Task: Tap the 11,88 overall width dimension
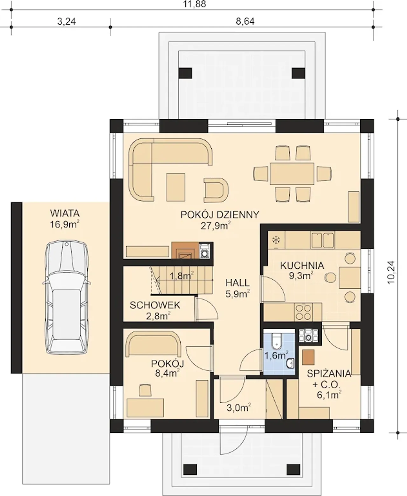click(195, 4)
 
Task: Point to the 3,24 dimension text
click(67, 22)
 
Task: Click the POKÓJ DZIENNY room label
click(220, 215)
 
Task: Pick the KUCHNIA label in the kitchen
click(302, 266)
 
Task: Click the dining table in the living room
click(292, 174)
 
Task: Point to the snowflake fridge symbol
click(276, 240)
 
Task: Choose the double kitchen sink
click(323, 240)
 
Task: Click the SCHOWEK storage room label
click(155, 305)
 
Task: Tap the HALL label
click(238, 283)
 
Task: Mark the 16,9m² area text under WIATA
click(64, 224)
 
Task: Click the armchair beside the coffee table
click(216, 190)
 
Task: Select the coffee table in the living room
click(176, 187)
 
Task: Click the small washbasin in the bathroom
click(290, 364)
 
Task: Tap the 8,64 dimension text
click(245, 22)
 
